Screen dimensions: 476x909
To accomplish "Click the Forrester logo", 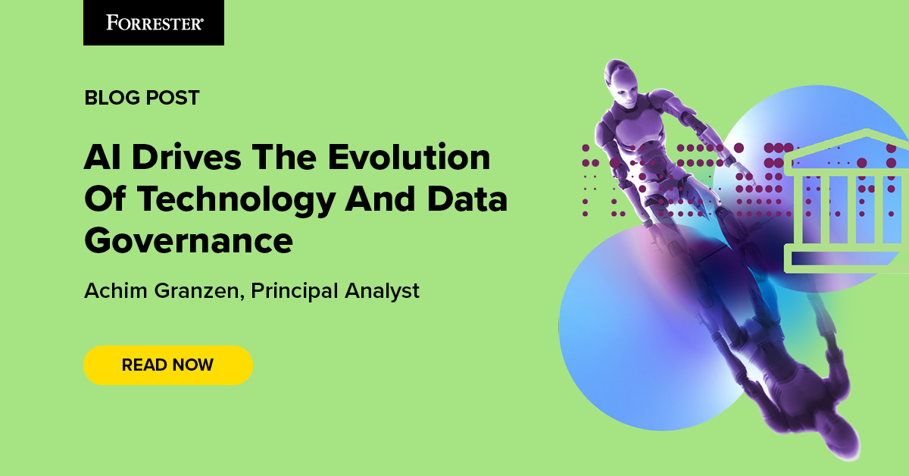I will (x=154, y=23).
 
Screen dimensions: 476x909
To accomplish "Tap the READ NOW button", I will (x=167, y=365).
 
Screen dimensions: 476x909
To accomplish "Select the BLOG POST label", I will (x=142, y=98).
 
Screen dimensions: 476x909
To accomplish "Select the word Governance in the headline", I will (x=188, y=241).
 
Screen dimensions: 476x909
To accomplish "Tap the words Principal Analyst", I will (x=336, y=290).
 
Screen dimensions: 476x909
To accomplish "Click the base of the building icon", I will (x=846, y=258).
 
